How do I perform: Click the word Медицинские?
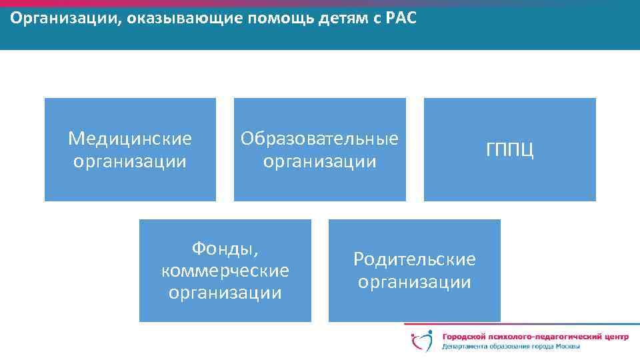[x=130, y=138]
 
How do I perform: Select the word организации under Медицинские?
[x=130, y=161]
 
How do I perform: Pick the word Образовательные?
[x=319, y=138]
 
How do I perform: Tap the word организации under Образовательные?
[x=319, y=161]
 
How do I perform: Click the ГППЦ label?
[x=509, y=150]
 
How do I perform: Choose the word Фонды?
[x=225, y=249]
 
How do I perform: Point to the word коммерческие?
[x=225, y=271]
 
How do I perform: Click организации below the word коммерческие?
[x=225, y=293]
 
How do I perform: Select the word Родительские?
[x=414, y=259]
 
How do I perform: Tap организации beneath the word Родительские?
[x=414, y=282]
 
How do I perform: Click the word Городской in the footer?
[x=464, y=337]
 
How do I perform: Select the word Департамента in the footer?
[x=465, y=347]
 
